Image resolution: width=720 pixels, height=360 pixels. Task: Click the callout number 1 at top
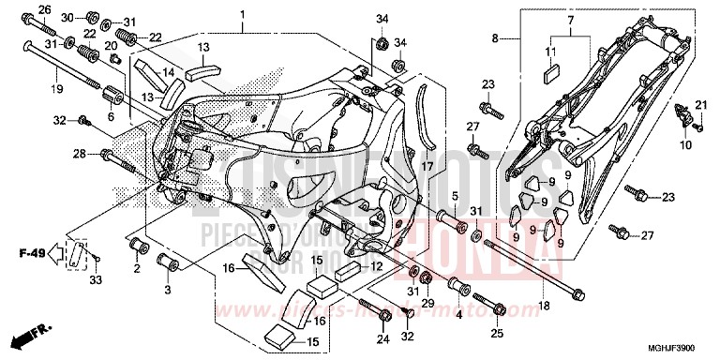tap(241, 15)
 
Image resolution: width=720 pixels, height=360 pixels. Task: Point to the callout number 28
tap(81, 154)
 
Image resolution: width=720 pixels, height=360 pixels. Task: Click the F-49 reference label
tap(32, 251)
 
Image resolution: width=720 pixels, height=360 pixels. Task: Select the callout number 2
tap(136, 268)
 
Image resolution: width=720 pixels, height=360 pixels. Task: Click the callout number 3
tap(168, 291)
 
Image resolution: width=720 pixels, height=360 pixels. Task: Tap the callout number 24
tap(381, 339)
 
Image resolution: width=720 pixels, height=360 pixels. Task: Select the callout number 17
tap(427, 166)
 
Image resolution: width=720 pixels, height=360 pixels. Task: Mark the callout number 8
tap(497, 39)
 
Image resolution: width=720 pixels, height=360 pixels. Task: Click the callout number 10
tap(685, 145)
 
